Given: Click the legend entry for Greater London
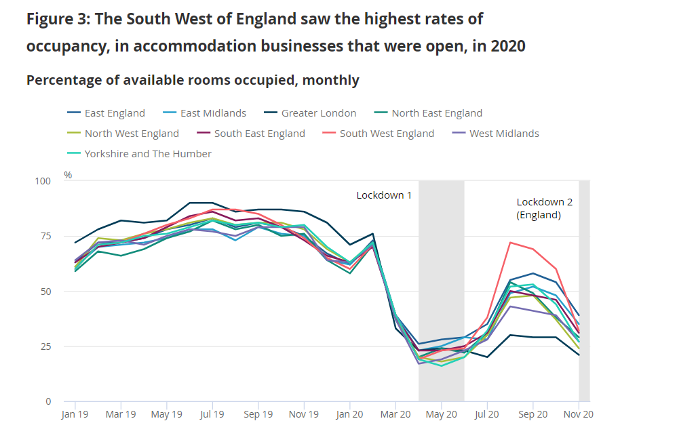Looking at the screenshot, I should point(314,113).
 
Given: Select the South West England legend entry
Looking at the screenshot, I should point(387,134).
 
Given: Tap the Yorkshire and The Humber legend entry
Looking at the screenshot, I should point(148,154).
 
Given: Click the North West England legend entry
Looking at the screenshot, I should point(132,134).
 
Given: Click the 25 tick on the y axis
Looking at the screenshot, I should point(45,346).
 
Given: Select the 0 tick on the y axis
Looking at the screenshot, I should point(47,401).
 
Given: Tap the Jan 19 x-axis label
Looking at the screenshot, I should point(75,414).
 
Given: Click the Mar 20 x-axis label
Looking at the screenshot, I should point(395,414).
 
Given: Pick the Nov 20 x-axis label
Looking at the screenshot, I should point(579,414).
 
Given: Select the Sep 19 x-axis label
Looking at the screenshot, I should point(258,414).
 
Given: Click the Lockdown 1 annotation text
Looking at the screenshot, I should point(384,195).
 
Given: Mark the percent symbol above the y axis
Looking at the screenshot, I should point(68,175).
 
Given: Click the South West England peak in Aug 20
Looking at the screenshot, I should point(510,242).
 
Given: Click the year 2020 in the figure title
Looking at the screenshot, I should point(507,46).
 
